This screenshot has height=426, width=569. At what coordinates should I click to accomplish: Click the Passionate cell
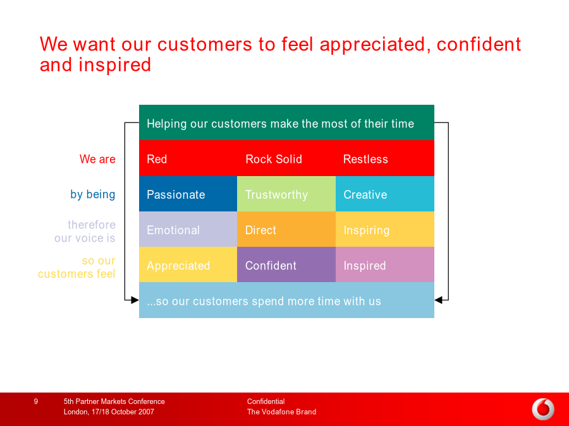click(x=188, y=194)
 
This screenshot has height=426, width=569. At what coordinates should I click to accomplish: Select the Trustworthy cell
click(x=286, y=194)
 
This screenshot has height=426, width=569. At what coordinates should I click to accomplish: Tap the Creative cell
click(x=385, y=194)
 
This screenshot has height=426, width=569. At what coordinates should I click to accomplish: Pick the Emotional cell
click(x=188, y=229)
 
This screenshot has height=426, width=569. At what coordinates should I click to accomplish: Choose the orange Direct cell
click(x=286, y=229)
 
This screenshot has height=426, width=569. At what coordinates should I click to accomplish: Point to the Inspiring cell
click(x=385, y=229)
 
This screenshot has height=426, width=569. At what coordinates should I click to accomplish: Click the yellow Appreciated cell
click(x=188, y=264)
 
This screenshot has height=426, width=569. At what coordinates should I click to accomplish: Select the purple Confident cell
click(x=286, y=264)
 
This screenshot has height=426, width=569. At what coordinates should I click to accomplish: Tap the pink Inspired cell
click(x=385, y=264)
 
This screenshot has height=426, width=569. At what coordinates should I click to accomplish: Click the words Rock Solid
click(x=274, y=159)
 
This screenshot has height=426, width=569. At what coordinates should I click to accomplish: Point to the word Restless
click(x=365, y=159)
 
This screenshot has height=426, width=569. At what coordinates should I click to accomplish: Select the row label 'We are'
click(x=97, y=159)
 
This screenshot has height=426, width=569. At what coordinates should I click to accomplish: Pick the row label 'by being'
click(x=93, y=194)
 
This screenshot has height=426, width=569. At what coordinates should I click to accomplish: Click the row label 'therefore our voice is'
click(x=85, y=231)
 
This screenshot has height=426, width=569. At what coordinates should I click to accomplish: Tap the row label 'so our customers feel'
click(x=76, y=267)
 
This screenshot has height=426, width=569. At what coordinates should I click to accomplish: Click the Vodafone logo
click(x=543, y=410)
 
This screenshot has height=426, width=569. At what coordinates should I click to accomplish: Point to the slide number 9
click(x=35, y=401)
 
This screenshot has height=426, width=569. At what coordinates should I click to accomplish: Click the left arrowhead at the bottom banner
click(x=135, y=300)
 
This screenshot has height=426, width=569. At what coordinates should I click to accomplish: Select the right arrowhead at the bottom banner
click(x=438, y=300)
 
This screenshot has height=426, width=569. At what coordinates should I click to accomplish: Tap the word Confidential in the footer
click(x=266, y=401)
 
